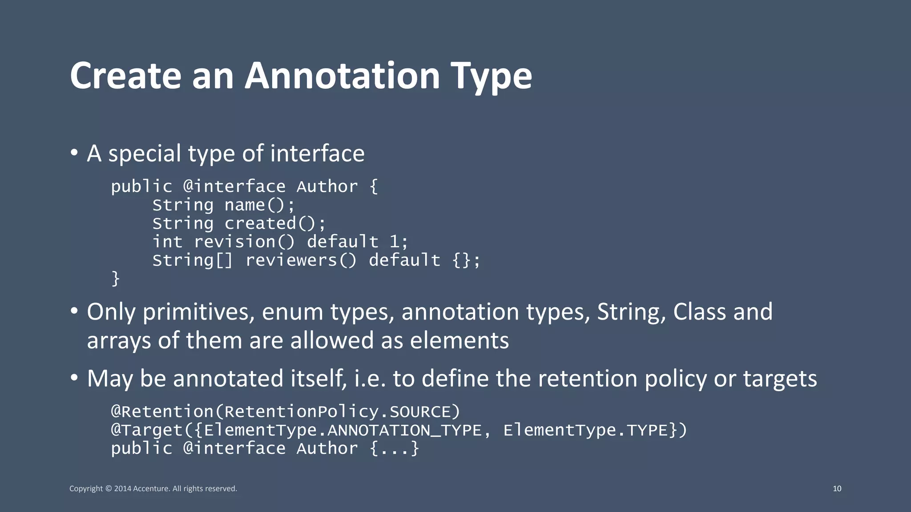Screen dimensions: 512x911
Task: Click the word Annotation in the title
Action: [342, 76]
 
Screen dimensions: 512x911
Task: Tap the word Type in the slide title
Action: [491, 76]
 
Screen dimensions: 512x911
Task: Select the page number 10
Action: [837, 488]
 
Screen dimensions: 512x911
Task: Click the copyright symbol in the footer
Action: [109, 489]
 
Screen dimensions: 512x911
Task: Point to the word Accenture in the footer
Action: [151, 488]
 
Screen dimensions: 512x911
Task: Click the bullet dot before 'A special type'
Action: [74, 153]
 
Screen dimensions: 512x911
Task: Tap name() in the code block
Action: [259, 205]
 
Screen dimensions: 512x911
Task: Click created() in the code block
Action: [275, 224]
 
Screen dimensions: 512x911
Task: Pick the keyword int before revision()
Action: [167, 242]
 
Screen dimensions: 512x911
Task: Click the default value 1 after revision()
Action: [395, 242]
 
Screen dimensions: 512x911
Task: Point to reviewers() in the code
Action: [301, 260]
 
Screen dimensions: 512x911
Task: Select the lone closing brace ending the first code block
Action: [116, 279]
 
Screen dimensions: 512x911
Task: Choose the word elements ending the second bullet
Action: [459, 340]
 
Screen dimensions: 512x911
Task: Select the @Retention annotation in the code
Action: [162, 412]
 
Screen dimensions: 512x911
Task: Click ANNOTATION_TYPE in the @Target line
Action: [404, 430]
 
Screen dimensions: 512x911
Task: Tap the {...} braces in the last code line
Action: [394, 448]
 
